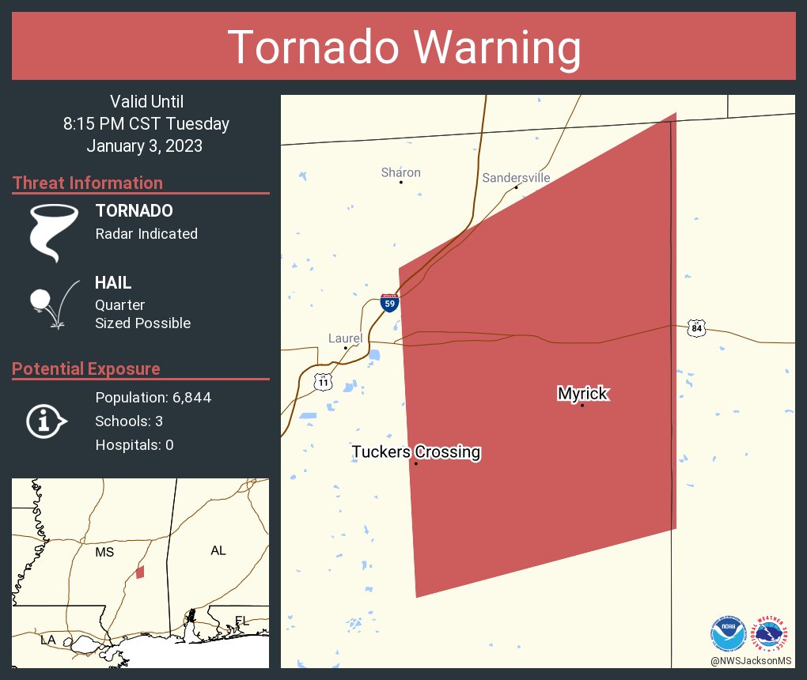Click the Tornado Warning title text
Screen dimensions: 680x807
click(x=403, y=47)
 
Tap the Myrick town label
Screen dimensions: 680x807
click(x=583, y=393)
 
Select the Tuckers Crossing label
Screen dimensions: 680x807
click(x=416, y=451)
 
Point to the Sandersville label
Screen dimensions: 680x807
click(x=516, y=178)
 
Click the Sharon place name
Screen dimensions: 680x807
click(x=400, y=172)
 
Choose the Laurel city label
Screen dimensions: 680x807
click(x=345, y=338)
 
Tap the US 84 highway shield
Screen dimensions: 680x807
click(x=695, y=327)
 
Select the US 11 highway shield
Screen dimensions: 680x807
click(x=324, y=382)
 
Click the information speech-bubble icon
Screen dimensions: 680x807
click(x=46, y=421)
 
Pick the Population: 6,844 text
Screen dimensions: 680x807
click(x=153, y=397)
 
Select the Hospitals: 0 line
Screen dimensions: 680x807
click(x=134, y=445)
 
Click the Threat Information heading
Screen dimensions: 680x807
click(x=88, y=183)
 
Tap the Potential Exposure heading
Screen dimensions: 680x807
click(x=86, y=368)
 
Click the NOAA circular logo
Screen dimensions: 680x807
click(x=728, y=634)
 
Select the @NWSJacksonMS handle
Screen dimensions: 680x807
click(x=750, y=660)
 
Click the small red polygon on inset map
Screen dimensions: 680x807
click(x=140, y=572)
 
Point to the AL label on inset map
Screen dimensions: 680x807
click(x=218, y=550)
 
